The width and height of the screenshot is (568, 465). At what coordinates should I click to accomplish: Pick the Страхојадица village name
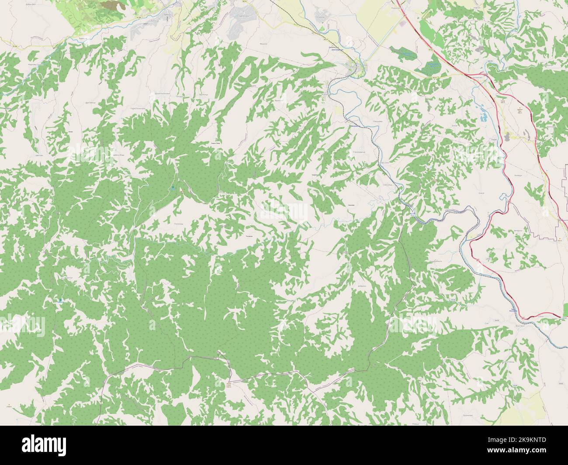359,152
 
